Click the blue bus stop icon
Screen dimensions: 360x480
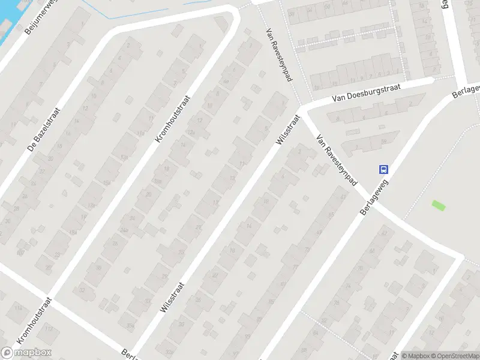click(x=383, y=169)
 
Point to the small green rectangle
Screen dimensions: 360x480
click(x=439, y=205)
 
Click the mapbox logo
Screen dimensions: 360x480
click(x=26, y=353)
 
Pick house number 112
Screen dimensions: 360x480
click(x=49, y=329)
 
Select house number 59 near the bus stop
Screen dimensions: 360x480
click(x=344, y=197)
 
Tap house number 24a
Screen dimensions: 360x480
click(x=124, y=230)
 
